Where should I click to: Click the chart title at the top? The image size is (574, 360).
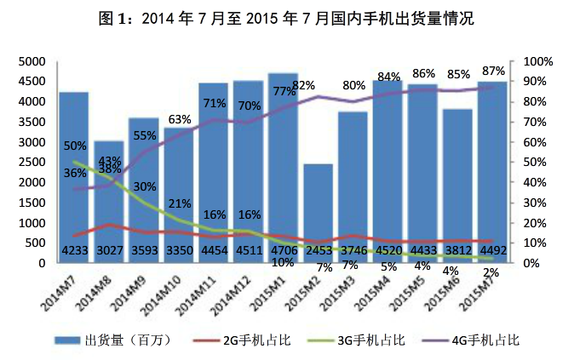click(x=286, y=17)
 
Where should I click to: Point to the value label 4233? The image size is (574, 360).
click(x=74, y=250)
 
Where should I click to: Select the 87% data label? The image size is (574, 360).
click(x=492, y=69)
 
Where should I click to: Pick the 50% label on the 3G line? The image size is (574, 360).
click(x=75, y=146)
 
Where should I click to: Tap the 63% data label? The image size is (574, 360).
click(x=179, y=119)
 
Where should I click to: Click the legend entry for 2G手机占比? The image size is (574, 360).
click(x=256, y=340)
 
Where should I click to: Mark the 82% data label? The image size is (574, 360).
click(x=304, y=85)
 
